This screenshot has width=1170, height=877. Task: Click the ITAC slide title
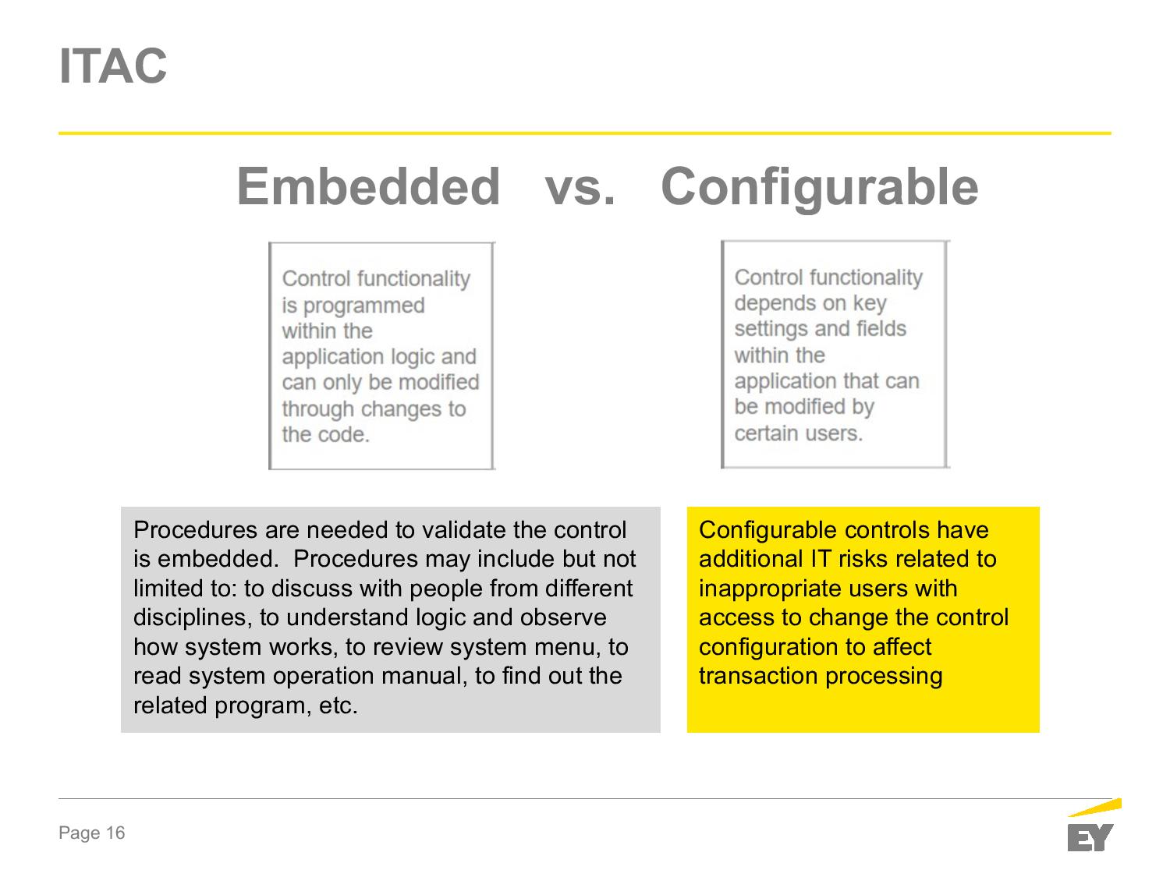point(113,66)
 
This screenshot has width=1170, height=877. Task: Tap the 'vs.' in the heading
point(580,188)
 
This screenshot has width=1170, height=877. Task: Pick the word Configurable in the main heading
point(819,188)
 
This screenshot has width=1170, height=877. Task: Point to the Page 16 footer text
point(92,833)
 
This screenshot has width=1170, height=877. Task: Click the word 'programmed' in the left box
point(363,306)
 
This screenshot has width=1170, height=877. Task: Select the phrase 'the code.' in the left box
point(326,434)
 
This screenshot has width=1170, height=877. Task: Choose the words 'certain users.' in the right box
point(798,433)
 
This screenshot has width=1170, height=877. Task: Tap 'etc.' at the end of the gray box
point(338,705)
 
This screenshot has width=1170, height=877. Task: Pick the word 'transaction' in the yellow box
point(758,676)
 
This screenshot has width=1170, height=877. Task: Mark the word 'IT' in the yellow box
point(821,559)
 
